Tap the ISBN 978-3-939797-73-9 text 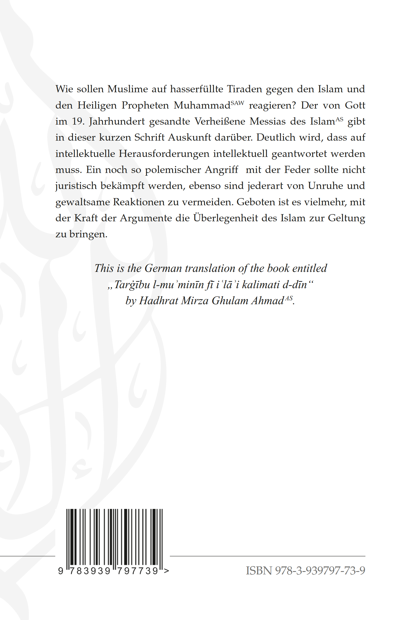(x=305, y=571)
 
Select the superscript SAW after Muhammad (x=237, y=103)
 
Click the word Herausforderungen (x=164, y=154)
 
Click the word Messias (x=268, y=121)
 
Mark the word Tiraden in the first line (x=244, y=89)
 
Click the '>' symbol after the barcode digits (x=166, y=571)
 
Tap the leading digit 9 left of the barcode (x=61, y=571)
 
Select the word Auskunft (x=189, y=137)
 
